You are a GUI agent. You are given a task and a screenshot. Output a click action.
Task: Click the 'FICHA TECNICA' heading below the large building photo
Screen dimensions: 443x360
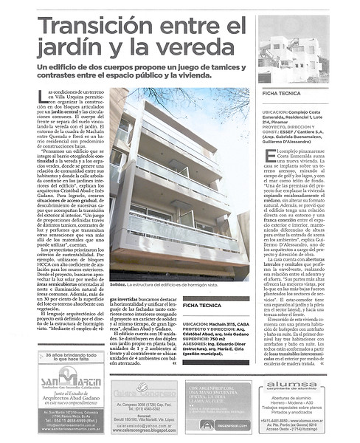click(x=207, y=303)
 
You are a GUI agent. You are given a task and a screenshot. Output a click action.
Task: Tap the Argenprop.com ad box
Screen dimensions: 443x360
click(x=218, y=405)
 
